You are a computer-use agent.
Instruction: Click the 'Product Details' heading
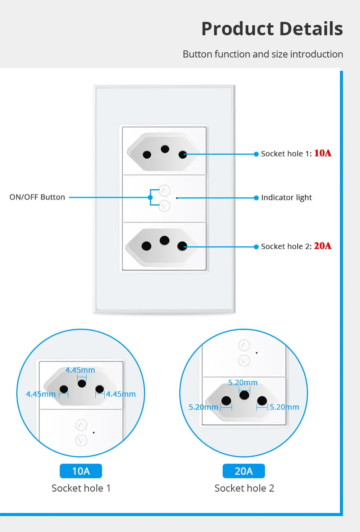(272, 29)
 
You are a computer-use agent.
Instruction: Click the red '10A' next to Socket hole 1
(323, 153)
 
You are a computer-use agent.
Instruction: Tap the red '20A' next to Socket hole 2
(323, 246)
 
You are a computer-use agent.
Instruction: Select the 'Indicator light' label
(286, 197)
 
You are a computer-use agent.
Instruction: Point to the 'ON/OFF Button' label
(37, 197)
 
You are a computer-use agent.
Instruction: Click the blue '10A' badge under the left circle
(81, 471)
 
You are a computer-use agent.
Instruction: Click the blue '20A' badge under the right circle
(243, 471)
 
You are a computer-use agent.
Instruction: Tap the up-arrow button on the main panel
(164, 191)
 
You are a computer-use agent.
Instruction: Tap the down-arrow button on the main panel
(164, 206)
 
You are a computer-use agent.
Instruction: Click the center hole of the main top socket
(165, 149)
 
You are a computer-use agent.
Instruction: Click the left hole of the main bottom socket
(147, 246)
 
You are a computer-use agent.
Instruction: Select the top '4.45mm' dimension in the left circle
(80, 370)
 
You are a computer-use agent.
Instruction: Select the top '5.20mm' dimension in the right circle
(243, 382)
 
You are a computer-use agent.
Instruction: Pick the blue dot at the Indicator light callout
(256, 198)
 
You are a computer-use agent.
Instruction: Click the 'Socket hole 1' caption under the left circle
(81, 488)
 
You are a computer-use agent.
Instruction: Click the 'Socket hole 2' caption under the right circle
(244, 488)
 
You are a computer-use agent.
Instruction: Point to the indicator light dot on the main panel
(177, 198)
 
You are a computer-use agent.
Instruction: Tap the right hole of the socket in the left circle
(99, 389)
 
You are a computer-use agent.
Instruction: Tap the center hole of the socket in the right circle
(244, 395)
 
